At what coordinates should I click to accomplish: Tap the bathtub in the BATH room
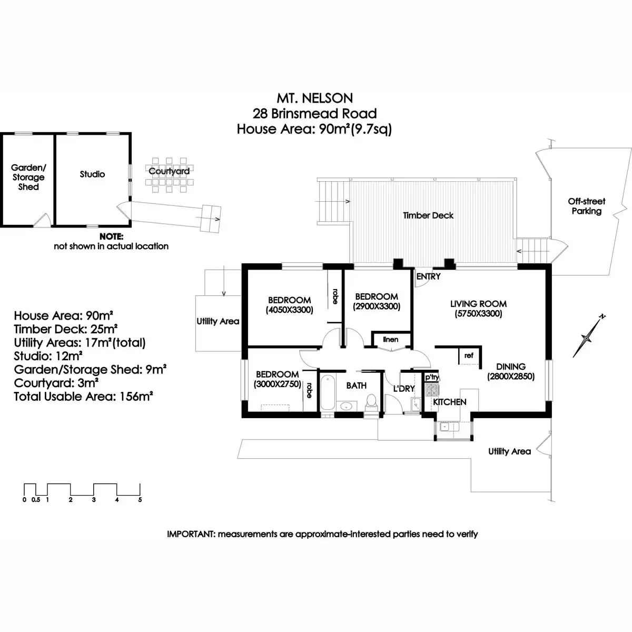coord(328,392)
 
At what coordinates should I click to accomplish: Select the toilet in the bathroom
coord(371,402)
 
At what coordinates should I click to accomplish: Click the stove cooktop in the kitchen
coord(432,390)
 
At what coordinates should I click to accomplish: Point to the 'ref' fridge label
coord(469,355)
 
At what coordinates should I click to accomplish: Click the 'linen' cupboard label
coord(391,340)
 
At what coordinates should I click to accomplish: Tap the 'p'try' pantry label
coord(432,377)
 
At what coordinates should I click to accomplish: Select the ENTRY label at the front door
coord(428,276)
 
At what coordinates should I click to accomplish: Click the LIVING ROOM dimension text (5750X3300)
coord(478,313)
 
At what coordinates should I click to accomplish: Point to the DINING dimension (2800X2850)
coord(511,377)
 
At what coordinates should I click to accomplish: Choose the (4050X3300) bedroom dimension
coord(289,310)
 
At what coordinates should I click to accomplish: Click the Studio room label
coord(93,174)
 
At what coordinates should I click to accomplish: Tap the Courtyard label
coord(169,171)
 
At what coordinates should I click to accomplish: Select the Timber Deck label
coord(428,215)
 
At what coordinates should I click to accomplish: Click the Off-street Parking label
coord(587,206)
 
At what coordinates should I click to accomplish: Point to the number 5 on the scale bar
coord(140,500)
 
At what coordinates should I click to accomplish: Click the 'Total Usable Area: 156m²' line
coord(83,397)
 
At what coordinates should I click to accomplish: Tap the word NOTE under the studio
coord(111,236)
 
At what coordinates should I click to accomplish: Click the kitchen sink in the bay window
coord(445,427)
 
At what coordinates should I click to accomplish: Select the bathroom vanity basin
coord(345,407)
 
